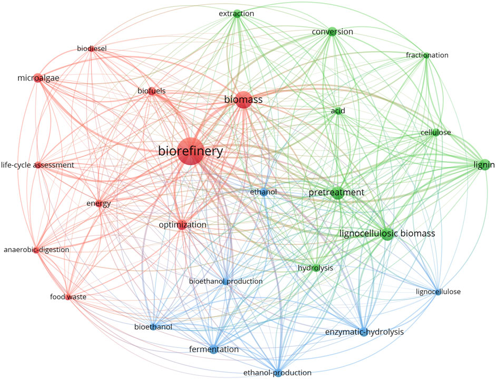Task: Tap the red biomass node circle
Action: point(242,101)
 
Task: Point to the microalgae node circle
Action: point(37,79)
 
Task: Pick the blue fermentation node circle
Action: point(213,349)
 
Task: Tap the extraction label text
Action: point(236,13)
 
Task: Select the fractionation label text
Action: point(427,55)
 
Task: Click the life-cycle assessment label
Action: point(37,165)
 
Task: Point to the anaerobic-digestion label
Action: point(36,250)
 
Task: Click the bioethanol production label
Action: point(226,281)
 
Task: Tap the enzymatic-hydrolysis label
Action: point(364,332)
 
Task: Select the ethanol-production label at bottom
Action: point(277,372)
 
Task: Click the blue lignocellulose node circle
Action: point(437,292)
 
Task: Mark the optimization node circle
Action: point(182,225)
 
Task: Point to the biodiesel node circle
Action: point(92,49)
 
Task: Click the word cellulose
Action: point(435,132)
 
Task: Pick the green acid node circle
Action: point(338,112)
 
